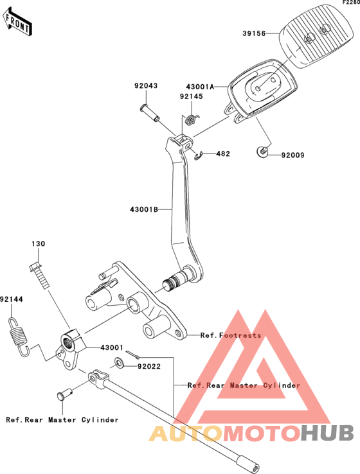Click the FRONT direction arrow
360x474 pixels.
tap(17, 22)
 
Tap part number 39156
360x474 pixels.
tap(254, 33)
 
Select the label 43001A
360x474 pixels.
tap(200, 87)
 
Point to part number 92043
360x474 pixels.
tap(146, 85)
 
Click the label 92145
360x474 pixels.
tap(192, 96)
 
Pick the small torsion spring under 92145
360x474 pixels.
tap(191, 119)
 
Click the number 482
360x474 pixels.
tap(223, 154)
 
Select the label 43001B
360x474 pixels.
tap(144, 209)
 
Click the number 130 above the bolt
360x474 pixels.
tap(39, 243)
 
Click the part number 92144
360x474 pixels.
tap(12, 299)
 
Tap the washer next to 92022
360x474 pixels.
tap(118, 363)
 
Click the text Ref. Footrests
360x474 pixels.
tap(231, 335)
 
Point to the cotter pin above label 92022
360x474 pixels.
tap(132, 355)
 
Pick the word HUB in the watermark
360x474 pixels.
tap(328, 433)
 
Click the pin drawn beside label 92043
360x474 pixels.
tap(150, 113)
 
